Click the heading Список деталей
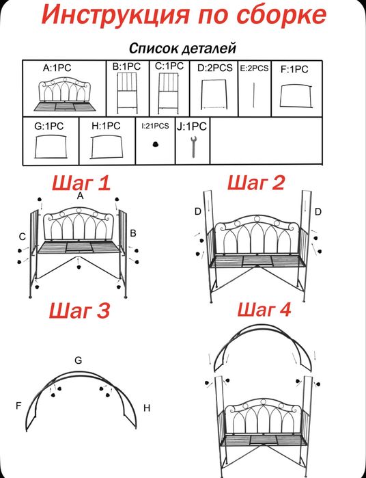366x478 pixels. (x=183, y=49)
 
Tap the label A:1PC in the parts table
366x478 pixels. (x=57, y=68)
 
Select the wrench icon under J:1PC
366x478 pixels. (x=193, y=147)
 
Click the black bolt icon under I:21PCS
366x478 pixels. (x=156, y=144)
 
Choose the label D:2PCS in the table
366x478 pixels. (x=215, y=68)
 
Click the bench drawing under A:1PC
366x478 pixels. (x=65, y=94)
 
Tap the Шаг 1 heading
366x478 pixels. (x=81, y=184)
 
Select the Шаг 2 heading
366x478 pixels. (x=256, y=183)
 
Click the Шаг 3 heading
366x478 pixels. (x=79, y=311)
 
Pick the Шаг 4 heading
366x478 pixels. (x=264, y=310)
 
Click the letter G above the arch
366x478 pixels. (x=79, y=360)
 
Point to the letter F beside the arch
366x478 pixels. (x=19, y=406)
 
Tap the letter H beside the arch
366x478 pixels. (x=147, y=408)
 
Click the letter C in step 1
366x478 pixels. (x=23, y=236)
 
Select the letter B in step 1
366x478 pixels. (x=133, y=233)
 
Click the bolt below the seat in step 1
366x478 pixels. (x=79, y=267)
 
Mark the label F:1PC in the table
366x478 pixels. (x=294, y=70)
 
